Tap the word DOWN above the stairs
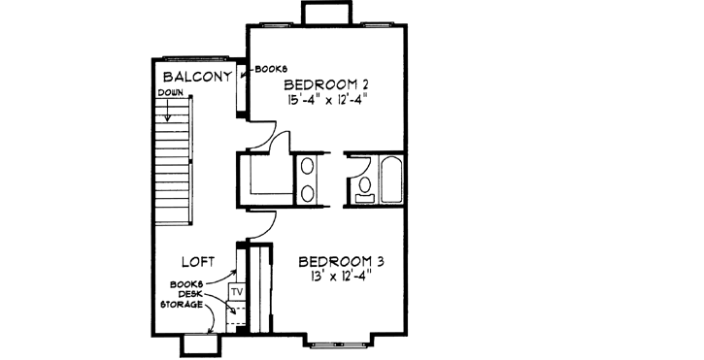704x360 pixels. click(171, 94)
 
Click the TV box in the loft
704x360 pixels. click(235, 290)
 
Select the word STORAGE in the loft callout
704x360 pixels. click(182, 304)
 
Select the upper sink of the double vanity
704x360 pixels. click(308, 166)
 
